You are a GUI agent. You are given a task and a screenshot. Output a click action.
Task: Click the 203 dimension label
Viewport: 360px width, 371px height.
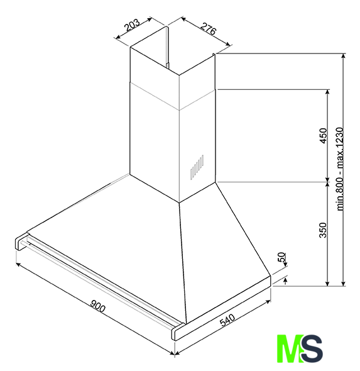132,25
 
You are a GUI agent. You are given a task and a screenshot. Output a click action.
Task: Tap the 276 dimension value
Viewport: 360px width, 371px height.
208,29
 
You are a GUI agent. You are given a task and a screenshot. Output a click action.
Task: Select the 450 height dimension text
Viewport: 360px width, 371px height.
323,135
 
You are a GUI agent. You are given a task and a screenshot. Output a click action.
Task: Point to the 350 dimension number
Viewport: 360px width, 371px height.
323,230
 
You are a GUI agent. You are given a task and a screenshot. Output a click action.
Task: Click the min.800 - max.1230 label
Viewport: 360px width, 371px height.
340,169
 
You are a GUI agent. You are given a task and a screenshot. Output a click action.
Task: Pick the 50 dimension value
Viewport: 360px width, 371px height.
282,257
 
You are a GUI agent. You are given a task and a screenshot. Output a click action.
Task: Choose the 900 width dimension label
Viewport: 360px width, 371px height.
97,306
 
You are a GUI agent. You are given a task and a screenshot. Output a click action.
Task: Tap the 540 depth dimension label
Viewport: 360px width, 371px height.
227,320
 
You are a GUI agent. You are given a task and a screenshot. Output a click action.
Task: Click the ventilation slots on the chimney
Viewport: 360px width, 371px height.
197,167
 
